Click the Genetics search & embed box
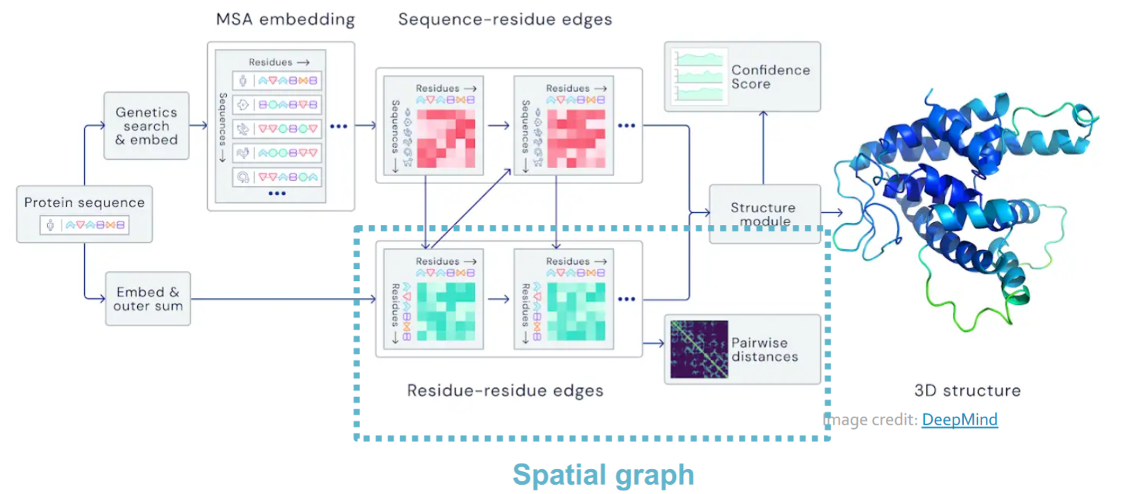tap(146, 126)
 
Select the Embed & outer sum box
tap(148, 299)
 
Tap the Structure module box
tap(765, 214)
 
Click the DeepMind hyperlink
tap(960, 420)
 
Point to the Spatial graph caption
tap(603, 474)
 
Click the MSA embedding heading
tap(285, 20)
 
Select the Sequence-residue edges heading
tap(506, 20)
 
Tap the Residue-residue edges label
tap(506, 391)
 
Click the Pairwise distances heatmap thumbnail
tap(699, 349)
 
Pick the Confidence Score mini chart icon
tap(699, 76)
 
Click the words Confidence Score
tap(771, 77)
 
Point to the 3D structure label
tap(967, 391)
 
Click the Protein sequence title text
tap(84, 202)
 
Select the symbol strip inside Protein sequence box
tap(84, 225)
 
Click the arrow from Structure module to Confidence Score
tap(764, 148)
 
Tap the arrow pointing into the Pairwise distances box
tap(653, 343)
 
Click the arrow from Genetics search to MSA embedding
tap(199, 125)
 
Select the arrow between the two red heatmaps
tap(499, 125)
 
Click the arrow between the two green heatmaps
tap(499, 299)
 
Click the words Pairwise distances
tap(764, 350)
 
